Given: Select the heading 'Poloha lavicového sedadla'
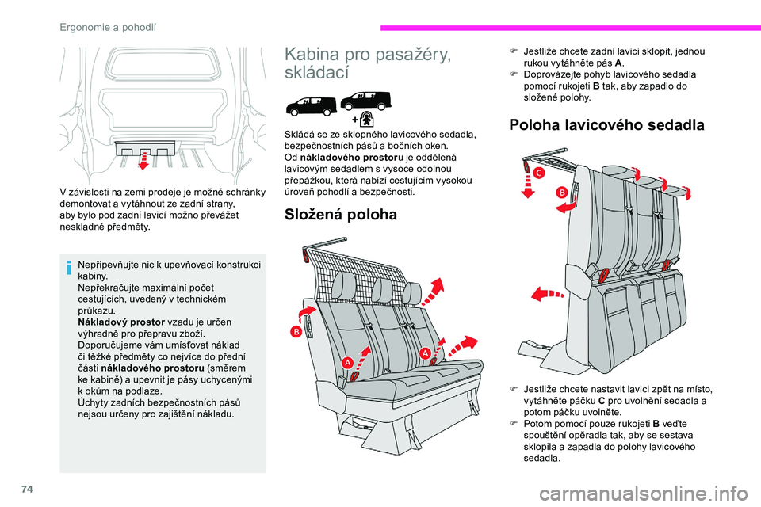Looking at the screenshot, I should [606, 124].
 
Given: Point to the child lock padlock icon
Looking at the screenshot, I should [367, 118].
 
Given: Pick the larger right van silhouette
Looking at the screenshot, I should [365, 98].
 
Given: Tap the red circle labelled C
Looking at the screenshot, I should [538, 173].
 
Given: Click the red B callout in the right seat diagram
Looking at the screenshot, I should [560, 191].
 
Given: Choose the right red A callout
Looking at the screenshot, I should [425, 352].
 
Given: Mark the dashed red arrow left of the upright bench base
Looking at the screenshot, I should [546, 295].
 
